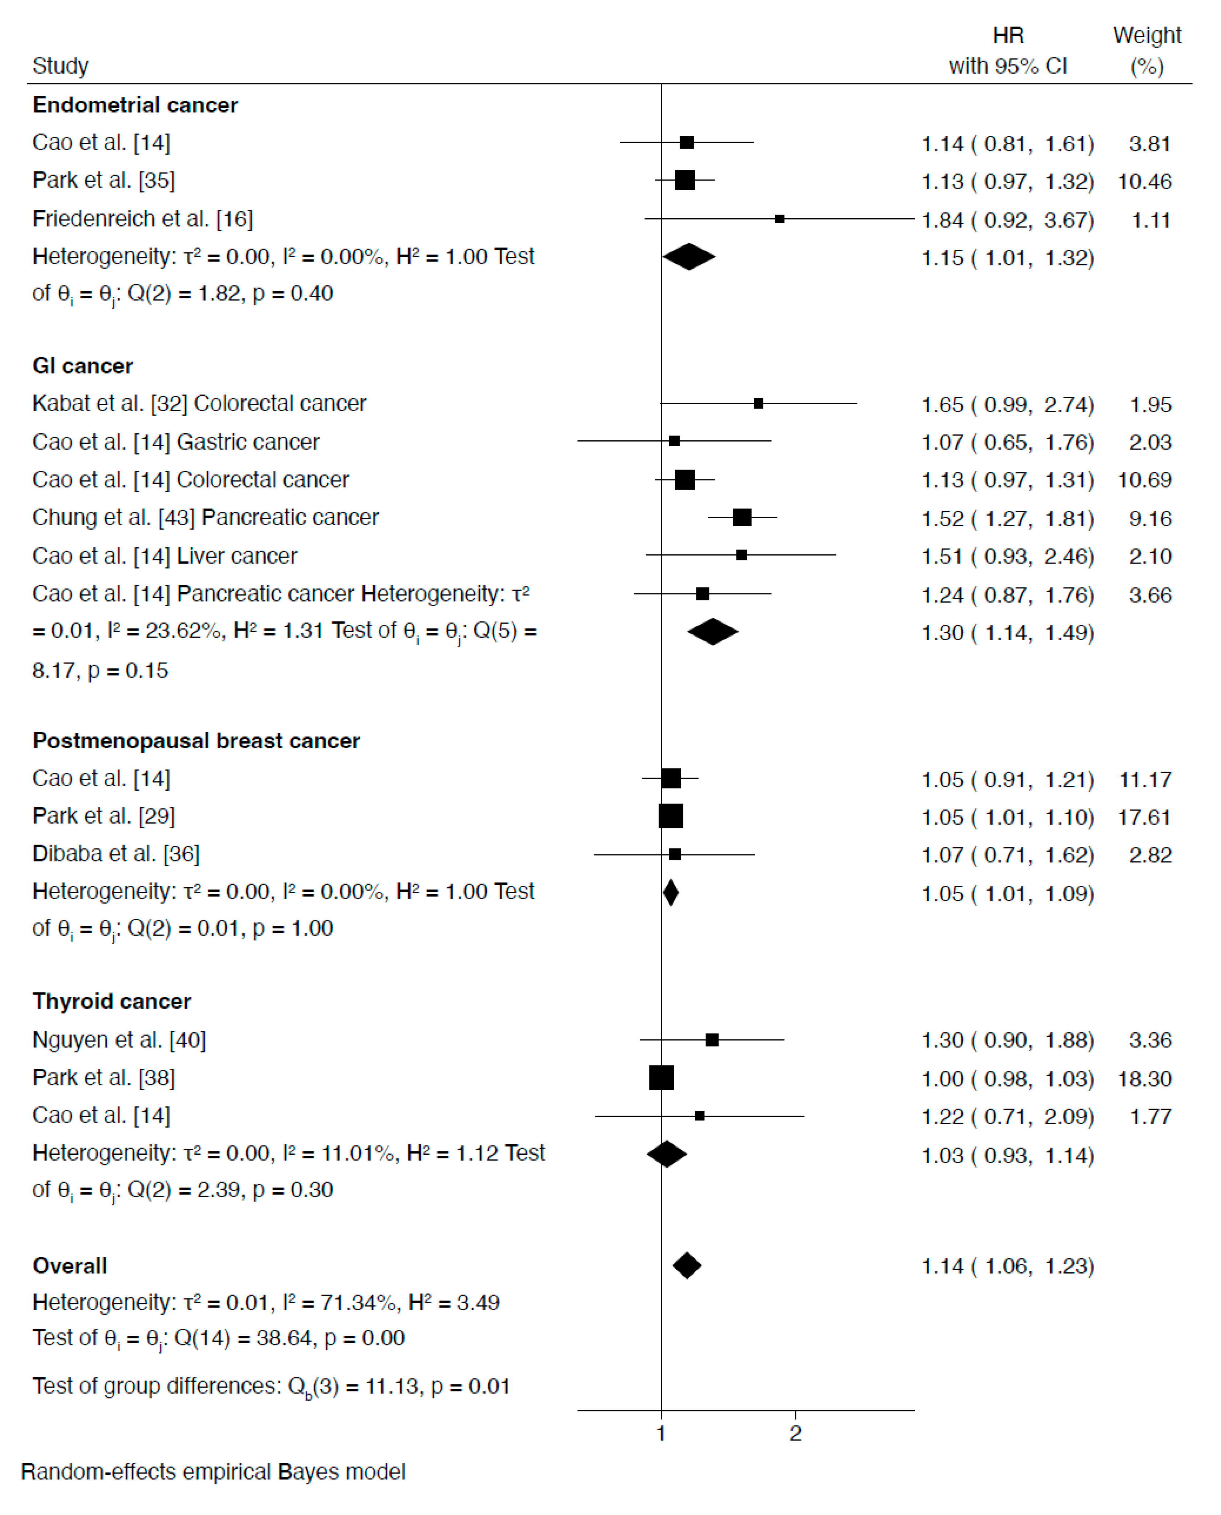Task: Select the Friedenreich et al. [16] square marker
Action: (779, 219)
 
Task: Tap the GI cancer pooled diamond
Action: (712, 632)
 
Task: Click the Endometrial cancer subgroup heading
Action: (135, 105)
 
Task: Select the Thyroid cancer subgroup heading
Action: (112, 1001)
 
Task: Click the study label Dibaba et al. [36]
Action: (116, 854)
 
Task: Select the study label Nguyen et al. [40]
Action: (119, 1040)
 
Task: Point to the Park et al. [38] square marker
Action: (661, 1078)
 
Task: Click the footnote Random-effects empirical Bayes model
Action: (213, 1472)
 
